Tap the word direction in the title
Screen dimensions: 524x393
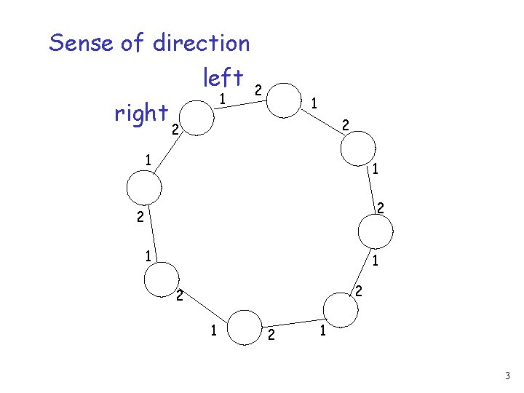pyautogui.click(x=202, y=43)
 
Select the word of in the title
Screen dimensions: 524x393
pyautogui.click(x=133, y=43)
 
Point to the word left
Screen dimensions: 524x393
pyautogui.click(x=223, y=76)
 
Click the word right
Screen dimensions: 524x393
pyautogui.click(x=141, y=113)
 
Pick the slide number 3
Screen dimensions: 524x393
pyautogui.click(x=508, y=376)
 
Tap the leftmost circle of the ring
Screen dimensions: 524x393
pyautogui.click(x=144, y=187)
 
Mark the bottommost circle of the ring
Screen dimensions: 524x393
pyautogui.click(x=246, y=327)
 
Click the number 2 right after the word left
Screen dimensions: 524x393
pyautogui.click(x=257, y=90)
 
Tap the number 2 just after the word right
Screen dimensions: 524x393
pyautogui.click(x=174, y=130)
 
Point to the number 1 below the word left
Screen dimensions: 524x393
pyautogui.click(x=224, y=98)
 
